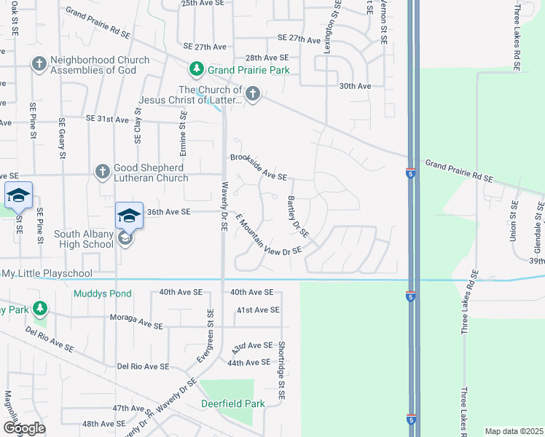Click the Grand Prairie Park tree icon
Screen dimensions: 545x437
point(196,69)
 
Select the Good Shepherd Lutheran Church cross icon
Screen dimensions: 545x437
point(103,172)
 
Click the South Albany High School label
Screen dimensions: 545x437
point(84,239)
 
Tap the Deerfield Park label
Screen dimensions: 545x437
point(230,402)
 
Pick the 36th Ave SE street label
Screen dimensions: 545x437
point(168,212)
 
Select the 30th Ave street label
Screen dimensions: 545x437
point(355,85)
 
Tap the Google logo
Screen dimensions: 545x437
point(25,428)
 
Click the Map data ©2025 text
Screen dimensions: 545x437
point(514,431)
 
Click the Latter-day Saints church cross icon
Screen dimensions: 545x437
point(252,93)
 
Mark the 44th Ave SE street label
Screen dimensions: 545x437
point(248,362)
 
